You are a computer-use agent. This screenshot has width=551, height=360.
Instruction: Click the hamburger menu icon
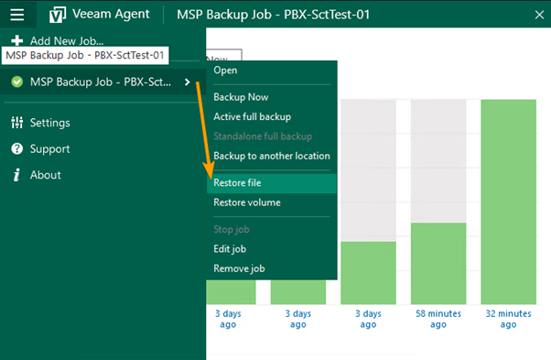pos(17,15)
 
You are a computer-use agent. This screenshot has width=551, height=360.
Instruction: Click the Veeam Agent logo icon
pos(58,15)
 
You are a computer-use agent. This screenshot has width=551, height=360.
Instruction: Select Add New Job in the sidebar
pos(66,40)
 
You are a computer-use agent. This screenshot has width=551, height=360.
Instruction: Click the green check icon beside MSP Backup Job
pos(16,82)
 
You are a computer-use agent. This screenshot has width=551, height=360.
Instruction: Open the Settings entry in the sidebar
pos(49,123)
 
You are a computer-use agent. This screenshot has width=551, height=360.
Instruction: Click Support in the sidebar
pos(49,148)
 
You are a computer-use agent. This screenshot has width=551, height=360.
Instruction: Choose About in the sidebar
pos(45,175)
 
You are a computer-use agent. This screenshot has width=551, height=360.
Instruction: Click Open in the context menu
pos(225,71)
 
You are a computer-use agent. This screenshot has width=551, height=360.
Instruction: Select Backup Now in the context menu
pos(241,97)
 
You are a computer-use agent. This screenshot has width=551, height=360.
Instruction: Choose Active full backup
pos(252,116)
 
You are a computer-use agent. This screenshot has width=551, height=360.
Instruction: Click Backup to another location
pos(271,156)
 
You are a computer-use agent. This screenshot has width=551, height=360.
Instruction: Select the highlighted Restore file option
pos(237,183)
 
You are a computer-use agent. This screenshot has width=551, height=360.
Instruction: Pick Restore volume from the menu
pos(246,202)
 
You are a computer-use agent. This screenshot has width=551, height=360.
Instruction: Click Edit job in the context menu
pos(230,249)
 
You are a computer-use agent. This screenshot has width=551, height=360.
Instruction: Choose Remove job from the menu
pos(239,268)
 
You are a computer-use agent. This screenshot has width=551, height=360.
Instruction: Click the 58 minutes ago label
pos(438,318)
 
